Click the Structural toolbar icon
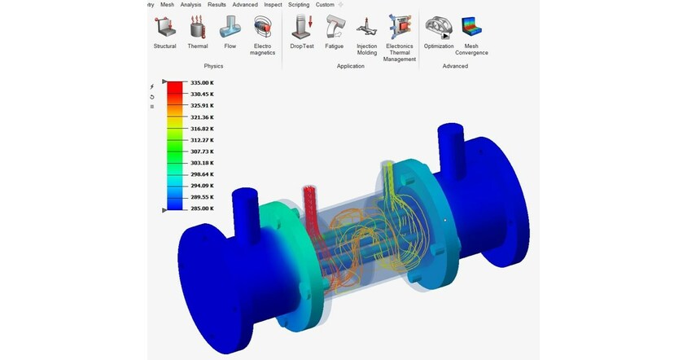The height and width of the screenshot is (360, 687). click(164, 28)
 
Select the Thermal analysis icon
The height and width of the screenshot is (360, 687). click(198, 28)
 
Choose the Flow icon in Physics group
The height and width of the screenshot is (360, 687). click(230, 28)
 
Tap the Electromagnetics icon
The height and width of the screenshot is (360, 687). click(263, 28)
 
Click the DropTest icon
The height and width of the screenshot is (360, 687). click(302, 28)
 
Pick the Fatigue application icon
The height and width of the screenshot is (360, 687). click(335, 28)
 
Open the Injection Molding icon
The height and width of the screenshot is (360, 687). click(367, 28)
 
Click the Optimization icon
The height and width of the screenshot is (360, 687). click(439, 28)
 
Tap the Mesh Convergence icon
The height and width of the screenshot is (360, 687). click(472, 28)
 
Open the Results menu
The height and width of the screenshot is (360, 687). click(217, 5)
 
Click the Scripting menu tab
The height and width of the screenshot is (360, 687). click(298, 5)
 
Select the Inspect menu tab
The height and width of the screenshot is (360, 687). click(273, 5)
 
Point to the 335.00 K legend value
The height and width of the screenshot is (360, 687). click(202, 82)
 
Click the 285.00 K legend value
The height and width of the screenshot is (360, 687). click(202, 209)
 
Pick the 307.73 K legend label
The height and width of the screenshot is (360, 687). click(202, 151)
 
